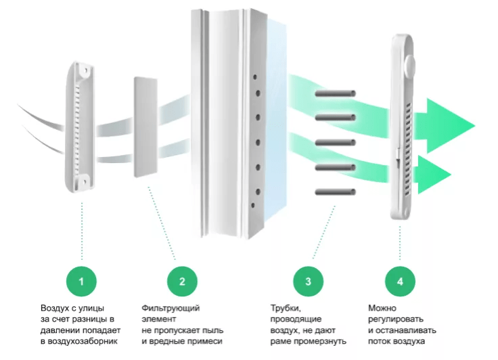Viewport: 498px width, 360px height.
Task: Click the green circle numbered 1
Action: [82, 279]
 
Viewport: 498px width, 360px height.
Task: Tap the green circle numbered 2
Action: [182, 279]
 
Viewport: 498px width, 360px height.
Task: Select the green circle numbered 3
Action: [309, 279]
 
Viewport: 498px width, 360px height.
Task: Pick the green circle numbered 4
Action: [401, 279]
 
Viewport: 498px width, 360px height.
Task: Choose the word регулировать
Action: [396, 319]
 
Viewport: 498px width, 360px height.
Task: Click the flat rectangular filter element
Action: [145, 127]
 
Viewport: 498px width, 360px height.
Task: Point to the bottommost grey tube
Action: [336, 192]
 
